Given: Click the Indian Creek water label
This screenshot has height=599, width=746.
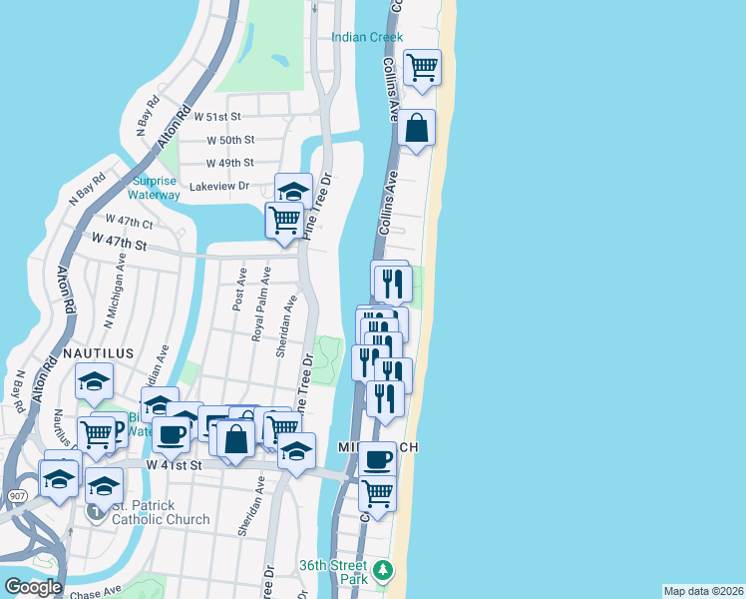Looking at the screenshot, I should coord(367,37).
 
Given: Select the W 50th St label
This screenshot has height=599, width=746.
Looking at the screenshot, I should coord(230,140).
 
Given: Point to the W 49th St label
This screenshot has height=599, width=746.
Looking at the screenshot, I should coord(230,163).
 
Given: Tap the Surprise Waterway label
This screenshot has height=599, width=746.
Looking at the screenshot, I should coord(155,188).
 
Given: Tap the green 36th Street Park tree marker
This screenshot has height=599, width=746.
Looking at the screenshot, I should coord(383,572).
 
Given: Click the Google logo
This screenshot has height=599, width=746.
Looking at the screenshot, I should coord(33,587).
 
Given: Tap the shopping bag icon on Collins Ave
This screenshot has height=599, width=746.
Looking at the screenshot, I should coord(418,129).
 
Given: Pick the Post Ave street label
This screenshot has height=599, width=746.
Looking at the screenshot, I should coord(239,289).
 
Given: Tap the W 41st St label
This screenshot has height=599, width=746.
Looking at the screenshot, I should coord(175,465).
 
